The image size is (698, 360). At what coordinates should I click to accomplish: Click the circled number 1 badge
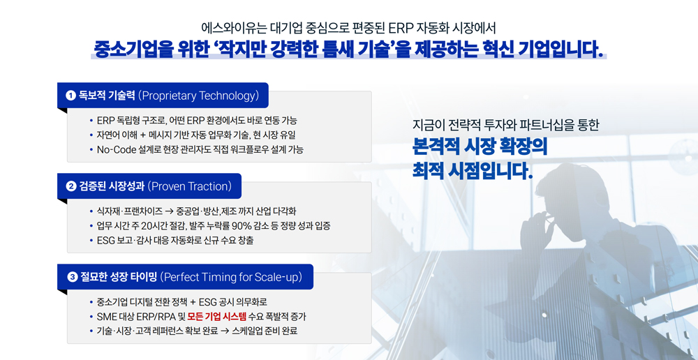(69, 96)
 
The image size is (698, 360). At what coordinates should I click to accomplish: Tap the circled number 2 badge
(70, 186)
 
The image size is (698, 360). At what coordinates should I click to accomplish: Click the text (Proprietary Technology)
(198, 96)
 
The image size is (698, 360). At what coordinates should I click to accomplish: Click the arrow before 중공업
(169, 211)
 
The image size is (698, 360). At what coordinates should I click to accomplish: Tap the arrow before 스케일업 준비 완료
(224, 331)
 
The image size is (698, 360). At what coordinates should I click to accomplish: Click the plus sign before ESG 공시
(193, 302)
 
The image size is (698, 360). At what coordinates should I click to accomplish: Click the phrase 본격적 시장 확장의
(480, 147)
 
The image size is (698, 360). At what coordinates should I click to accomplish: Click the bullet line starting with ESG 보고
(175, 241)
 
